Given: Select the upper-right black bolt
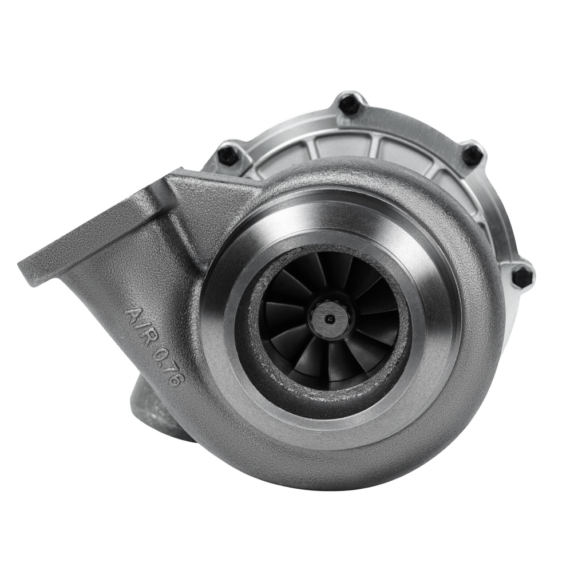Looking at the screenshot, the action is pyautogui.click(x=472, y=153).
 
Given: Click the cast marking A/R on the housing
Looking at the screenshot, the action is pyautogui.click(x=142, y=321).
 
